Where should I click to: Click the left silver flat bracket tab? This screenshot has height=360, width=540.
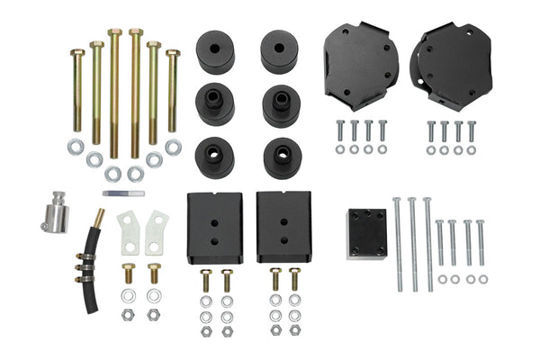pos(130,232)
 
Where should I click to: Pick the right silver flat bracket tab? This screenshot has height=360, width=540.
pos(157,232)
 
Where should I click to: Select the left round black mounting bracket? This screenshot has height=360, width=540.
pos(360,66)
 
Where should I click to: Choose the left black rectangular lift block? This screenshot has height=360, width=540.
pos(214,227)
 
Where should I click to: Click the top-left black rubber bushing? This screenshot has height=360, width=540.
pos(215,52)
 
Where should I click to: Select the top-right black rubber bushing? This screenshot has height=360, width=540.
pos(281,52)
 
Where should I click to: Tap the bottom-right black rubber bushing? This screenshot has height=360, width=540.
pos(282,157)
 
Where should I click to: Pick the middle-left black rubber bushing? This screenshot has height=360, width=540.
pos(215,104)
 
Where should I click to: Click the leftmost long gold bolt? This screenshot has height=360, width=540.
pos(76,90)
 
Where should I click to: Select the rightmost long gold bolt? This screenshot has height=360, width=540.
pos(172,90)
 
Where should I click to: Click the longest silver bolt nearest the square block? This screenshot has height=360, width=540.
pos(397,243)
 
